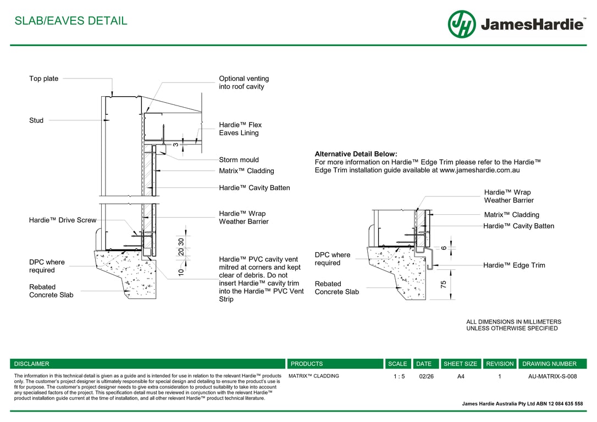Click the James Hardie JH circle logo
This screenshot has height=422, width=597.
[461, 24]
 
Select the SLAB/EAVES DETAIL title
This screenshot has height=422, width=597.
[70, 21]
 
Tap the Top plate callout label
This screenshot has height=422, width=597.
[43, 79]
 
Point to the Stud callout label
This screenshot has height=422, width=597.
[36, 120]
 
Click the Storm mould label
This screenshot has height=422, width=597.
[239, 160]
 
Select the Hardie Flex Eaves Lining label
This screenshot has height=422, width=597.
[240, 129]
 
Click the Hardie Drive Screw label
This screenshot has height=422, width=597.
[62, 220]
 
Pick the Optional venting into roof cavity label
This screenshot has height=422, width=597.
[244, 82]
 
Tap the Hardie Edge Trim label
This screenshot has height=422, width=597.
[514, 265]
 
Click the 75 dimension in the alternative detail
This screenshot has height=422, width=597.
[443, 284]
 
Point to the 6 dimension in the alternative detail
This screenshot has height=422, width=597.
[443, 248]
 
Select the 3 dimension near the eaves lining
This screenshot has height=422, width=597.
[175, 145]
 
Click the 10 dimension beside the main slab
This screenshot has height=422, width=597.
[181, 271]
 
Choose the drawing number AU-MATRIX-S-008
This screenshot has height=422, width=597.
[552, 376]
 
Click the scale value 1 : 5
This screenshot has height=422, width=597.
[399, 376]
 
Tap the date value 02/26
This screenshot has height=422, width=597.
[426, 376]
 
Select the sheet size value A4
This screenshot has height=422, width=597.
[461, 376]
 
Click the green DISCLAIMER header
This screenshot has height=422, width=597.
[32, 364]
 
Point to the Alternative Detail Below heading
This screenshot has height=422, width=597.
[356, 154]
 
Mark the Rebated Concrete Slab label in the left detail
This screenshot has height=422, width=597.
[51, 291]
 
